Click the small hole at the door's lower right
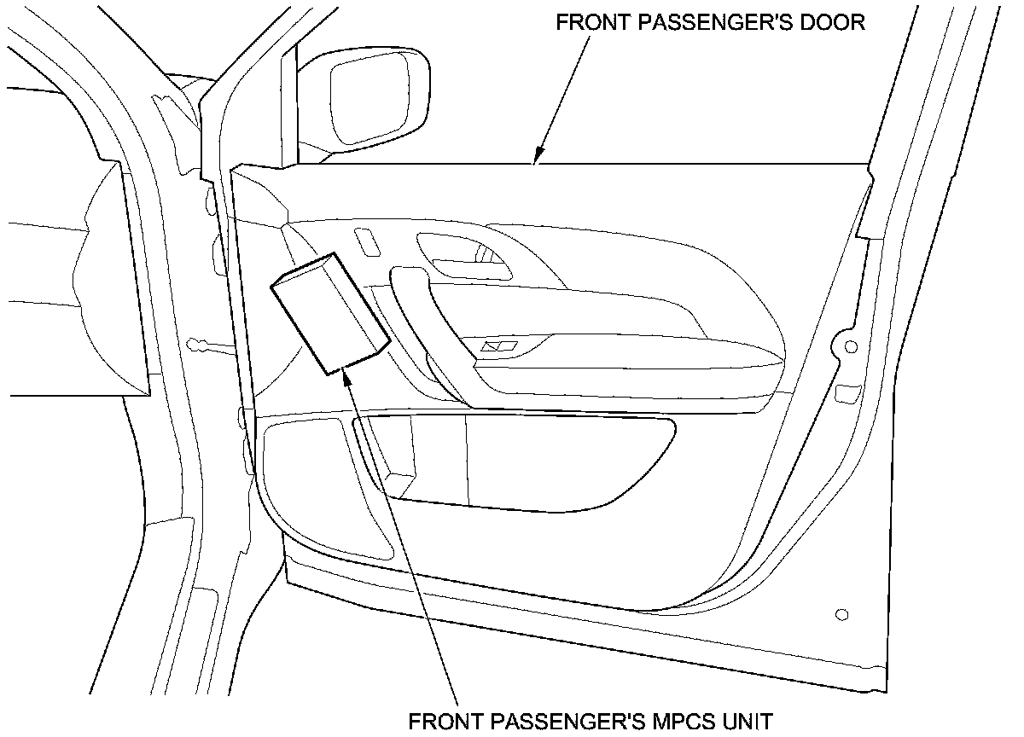842,614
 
